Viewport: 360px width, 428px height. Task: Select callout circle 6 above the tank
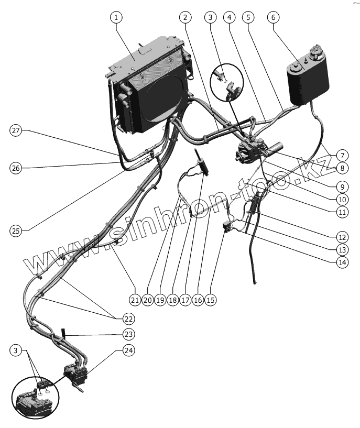[272, 17]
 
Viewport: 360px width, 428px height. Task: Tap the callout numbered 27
[17, 131]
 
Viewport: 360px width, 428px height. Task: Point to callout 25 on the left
[17, 229]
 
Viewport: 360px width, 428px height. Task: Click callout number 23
[128, 334]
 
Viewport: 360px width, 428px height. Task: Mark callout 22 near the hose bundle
[128, 318]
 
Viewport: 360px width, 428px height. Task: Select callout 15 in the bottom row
[211, 300]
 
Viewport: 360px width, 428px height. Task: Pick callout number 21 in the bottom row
[135, 300]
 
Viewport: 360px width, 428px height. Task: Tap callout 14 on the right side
[342, 262]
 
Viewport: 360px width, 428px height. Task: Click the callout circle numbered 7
[342, 155]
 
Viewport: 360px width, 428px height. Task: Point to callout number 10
[342, 199]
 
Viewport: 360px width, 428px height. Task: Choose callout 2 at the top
[184, 17]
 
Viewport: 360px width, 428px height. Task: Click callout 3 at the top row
[210, 17]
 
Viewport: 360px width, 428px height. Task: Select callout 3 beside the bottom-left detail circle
[17, 349]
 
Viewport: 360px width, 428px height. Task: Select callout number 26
[17, 168]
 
